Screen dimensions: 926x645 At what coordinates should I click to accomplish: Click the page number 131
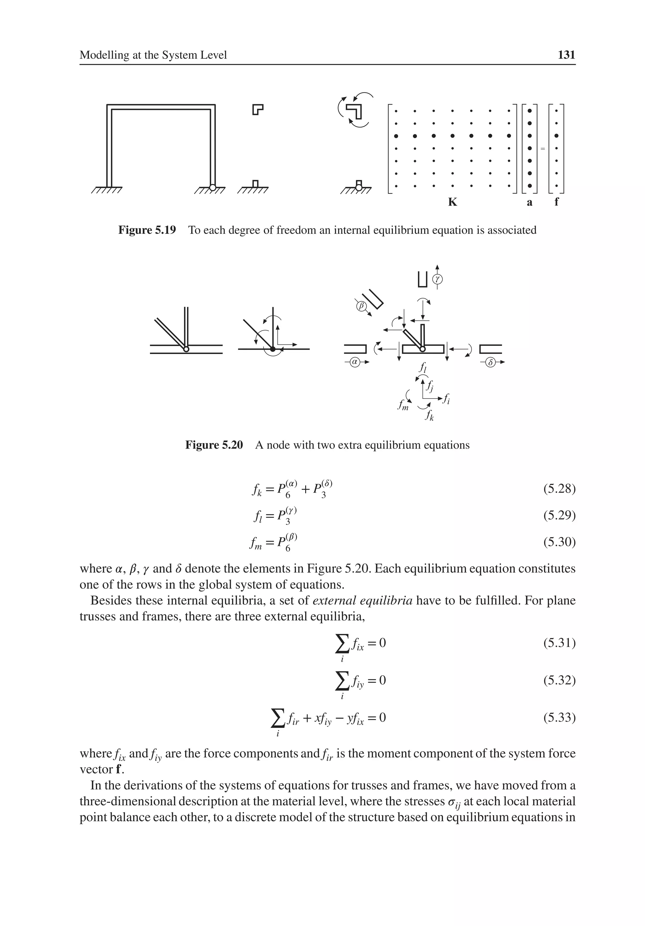[566, 55]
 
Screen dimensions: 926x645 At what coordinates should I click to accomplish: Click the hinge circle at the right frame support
[213, 187]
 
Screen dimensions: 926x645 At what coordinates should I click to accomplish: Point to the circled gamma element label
[437, 279]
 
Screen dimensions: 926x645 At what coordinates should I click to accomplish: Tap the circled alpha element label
[355, 362]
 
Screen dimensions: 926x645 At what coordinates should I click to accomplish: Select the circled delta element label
[490, 362]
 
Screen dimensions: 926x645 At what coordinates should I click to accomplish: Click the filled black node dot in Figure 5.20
[273, 349]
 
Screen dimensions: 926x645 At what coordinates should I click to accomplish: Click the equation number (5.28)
[559, 489]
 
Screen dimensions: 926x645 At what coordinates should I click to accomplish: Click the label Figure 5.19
[147, 230]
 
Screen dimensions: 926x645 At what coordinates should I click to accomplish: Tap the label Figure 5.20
[214, 445]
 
